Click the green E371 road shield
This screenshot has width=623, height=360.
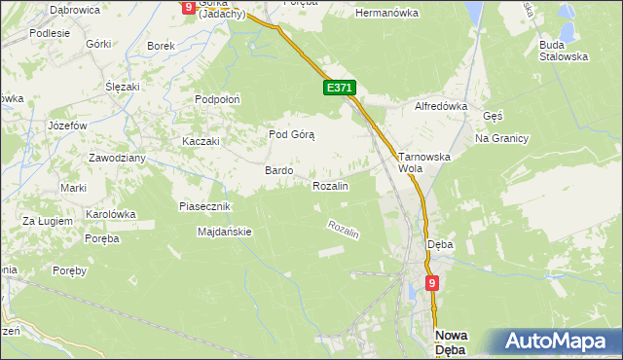pyautogui.click(x=339, y=88)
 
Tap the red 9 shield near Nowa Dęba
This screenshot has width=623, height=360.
pyautogui.click(x=432, y=283)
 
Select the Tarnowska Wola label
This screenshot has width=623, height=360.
pyautogui.click(x=421, y=161)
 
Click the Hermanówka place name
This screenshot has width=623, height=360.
pyautogui.click(x=386, y=14)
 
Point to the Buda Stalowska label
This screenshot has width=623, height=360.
pyautogui.click(x=564, y=51)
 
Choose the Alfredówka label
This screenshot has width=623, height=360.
pyautogui.click(x=442, y=106)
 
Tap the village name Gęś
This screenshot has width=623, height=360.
pyautogui.click(x=493, y=115)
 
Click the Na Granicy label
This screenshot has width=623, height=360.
pyautogui.click(x=501, y=138)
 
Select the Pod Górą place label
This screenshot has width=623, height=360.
pyautogui.click(x=291, y=135)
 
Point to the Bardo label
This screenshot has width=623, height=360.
pyautogui.click(x=279, y=170)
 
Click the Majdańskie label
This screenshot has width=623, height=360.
pyautogui.click(x=225, y=232)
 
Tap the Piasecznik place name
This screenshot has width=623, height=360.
pyautogui.click(x=204, y=206)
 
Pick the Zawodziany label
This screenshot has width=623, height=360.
pyautogui.click(x=117, y=158)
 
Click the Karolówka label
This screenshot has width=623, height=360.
pyautogui.click(x=110, y=214)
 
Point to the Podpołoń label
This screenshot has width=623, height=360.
pyautogui.click(x=217, y=99)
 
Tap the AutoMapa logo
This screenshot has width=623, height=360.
pyautogui.click(x=558, y=342)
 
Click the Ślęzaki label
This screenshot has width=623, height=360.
pyautogui.click(x=125, y=86)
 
